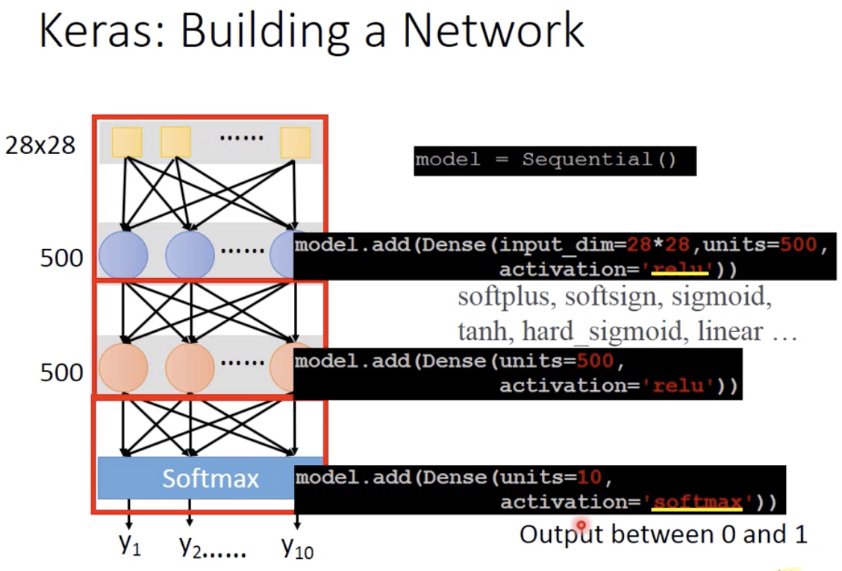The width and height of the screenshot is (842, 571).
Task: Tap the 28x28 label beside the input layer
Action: point(40,145)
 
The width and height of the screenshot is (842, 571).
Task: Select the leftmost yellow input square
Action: point(127,142)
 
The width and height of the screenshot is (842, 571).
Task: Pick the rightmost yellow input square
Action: point(295,142)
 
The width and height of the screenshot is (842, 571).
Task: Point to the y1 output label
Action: point(129,546)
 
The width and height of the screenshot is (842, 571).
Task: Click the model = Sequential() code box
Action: point(555,160)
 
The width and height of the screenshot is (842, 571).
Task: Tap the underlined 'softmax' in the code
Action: point(697,501)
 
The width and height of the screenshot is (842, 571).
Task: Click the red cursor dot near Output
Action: point(581,527)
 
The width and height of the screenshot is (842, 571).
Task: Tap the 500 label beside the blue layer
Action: point(61,259)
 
